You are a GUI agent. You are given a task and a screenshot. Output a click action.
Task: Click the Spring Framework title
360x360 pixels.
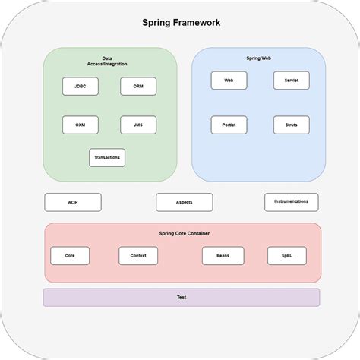click(x=181, y=22)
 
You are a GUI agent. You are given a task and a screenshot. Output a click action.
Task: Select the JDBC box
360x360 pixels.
click(x=80, y=87)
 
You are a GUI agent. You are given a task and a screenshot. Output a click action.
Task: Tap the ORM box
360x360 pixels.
click(x=138, y=87)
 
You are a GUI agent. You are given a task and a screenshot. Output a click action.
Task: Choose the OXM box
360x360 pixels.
click(x=80, y=125)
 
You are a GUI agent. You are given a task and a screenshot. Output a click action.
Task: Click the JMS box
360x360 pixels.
click(x=138, y=125)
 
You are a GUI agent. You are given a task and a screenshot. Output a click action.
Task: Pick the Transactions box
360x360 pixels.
click(x=107, y=158)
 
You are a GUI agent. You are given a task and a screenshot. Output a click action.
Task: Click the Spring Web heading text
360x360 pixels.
click(x=258, y=58)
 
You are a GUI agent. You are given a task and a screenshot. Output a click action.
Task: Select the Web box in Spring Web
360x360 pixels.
click(x=229, y=81)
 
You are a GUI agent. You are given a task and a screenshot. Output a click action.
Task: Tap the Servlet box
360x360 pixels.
click(x=291, y=81)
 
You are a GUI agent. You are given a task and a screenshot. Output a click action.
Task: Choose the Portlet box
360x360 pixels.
click(x=229, y=125)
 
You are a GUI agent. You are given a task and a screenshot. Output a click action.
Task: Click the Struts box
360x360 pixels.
click(x=291, y=125)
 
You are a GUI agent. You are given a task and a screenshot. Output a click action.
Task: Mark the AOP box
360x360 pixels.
click(x=73, y=203)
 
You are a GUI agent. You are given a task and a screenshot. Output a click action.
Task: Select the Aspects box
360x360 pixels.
click(x=184, y=203)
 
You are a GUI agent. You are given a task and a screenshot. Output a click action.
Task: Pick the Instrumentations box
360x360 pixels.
click(x=291, y=202)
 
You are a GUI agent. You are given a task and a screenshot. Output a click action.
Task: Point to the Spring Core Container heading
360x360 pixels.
click(x=184, y=233)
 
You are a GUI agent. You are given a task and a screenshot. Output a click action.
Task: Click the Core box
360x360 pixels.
click(x=70, y=256)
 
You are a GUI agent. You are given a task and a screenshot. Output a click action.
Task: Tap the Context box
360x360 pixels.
click(x=138, y=256)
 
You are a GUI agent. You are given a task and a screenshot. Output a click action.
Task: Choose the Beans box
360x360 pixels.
click(x=223, y=256)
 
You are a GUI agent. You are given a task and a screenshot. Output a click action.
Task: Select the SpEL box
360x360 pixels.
click(x=286, y=256)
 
